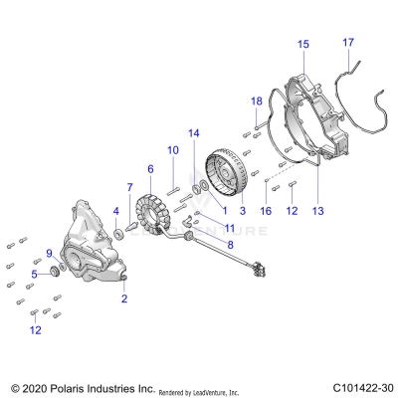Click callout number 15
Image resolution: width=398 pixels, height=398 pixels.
tap(303, 44)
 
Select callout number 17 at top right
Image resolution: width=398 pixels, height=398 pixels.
tap(348, 42)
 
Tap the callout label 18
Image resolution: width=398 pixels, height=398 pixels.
tap(257, 101)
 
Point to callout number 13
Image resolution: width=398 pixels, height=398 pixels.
tap(318, 211)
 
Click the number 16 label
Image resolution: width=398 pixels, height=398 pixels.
tap(265, 211)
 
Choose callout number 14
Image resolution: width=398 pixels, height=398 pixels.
tap(195, 133)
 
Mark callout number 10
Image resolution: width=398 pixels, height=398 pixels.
tap(171, 149)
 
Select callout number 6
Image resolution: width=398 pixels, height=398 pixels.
tap(150, 169)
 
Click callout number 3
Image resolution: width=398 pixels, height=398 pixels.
tap(242, 211)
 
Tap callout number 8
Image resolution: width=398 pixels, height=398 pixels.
tap(230, 244)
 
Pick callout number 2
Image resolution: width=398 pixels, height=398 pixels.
tap(124, 298)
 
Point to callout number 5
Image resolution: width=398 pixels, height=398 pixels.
tap(34, 274)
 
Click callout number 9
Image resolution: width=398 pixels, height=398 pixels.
tap(49, 254)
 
